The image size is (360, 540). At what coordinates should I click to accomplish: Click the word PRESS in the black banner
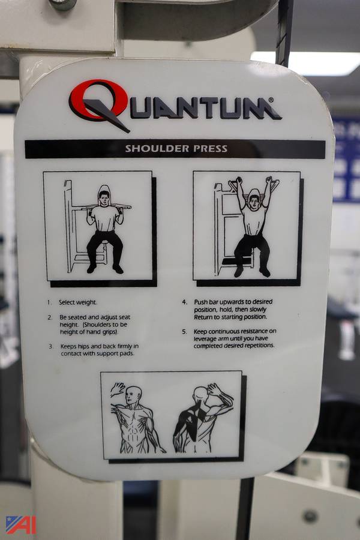(x=210, y=149)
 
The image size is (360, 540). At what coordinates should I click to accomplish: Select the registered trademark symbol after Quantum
(x=271, y=100)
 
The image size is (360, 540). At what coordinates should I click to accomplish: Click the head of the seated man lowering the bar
(x=104, y=199)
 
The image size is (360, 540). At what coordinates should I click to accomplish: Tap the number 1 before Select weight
(x=49, y=302)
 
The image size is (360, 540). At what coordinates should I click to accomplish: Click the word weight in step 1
(x=87, y=303)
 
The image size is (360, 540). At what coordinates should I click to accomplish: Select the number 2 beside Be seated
(x=50, y=317)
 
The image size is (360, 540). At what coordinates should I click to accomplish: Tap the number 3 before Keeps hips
(x=51, y=346)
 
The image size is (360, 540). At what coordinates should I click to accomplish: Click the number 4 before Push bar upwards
(x=185, y=302)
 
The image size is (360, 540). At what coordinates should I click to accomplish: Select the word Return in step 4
(x=203, y=317)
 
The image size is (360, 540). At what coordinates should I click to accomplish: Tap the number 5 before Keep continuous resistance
(x=185, y=332)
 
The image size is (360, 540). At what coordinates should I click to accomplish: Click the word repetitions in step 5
(x=257, y=346)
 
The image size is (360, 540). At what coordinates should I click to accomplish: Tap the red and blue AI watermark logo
(x=20, y=525)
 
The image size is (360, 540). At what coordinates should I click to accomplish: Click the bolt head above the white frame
(x=62, y=4)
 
